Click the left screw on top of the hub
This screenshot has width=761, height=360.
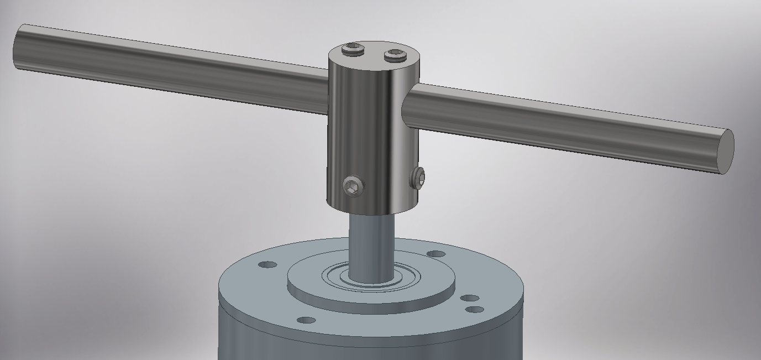pos(352,51)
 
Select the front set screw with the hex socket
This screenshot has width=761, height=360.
pos(354,186)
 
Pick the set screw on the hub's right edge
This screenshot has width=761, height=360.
pos(418,178)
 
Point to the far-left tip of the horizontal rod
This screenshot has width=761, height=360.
pos(17,46)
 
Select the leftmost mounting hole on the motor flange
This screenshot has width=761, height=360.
pos(267,265)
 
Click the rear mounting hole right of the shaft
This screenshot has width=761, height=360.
pos(437,254)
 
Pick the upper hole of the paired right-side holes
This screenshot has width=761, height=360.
pos(470,299)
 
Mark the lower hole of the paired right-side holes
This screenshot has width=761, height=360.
pos(475,310)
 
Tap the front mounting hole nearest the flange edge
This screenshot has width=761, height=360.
pos(306,320)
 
